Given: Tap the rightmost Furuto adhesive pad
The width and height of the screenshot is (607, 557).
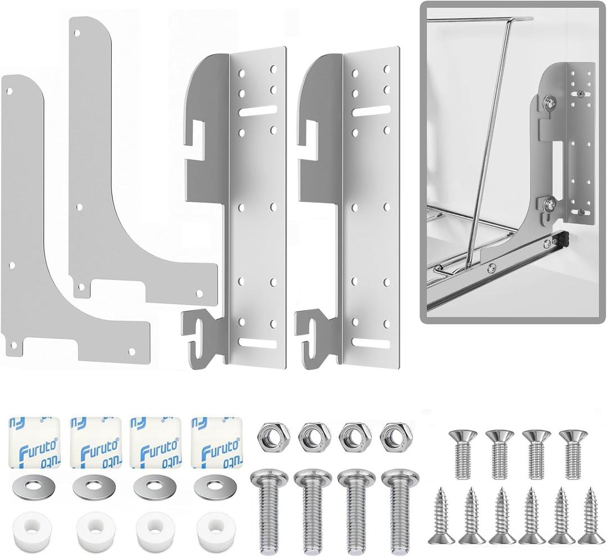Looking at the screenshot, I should pyautogui.click(x=217, y=442).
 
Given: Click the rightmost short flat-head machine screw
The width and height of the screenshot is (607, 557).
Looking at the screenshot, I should pyautogui.click(x=573, y=452).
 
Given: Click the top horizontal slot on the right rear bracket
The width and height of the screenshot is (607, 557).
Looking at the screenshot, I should pyautogui.click(x=371, y=111).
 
